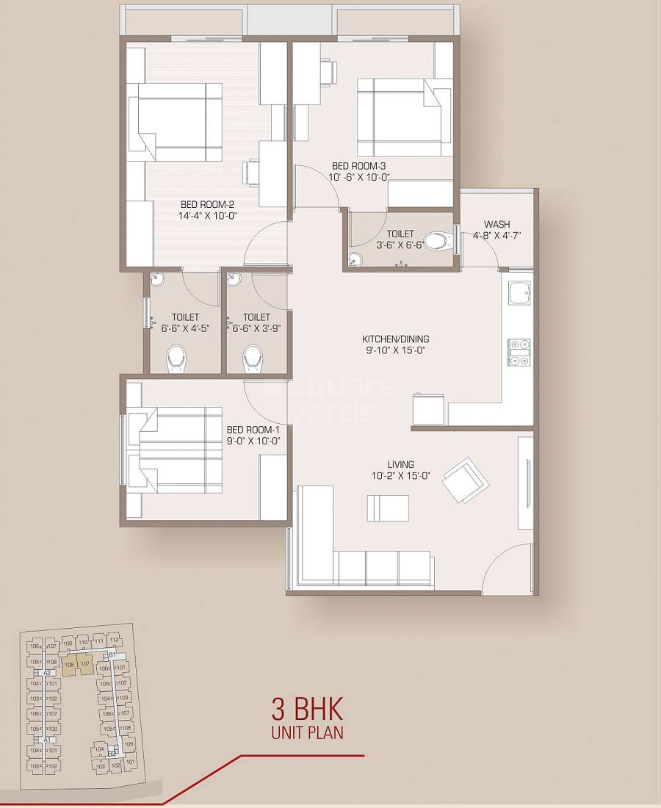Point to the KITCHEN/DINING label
[396, 339]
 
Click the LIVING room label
[401, 464]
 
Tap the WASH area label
[496, 224]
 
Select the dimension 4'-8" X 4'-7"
[496, 235]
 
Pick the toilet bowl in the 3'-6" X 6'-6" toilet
[438, 241]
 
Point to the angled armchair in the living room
[465, 480]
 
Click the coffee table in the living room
[388, 508]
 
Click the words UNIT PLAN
[307, 732]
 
